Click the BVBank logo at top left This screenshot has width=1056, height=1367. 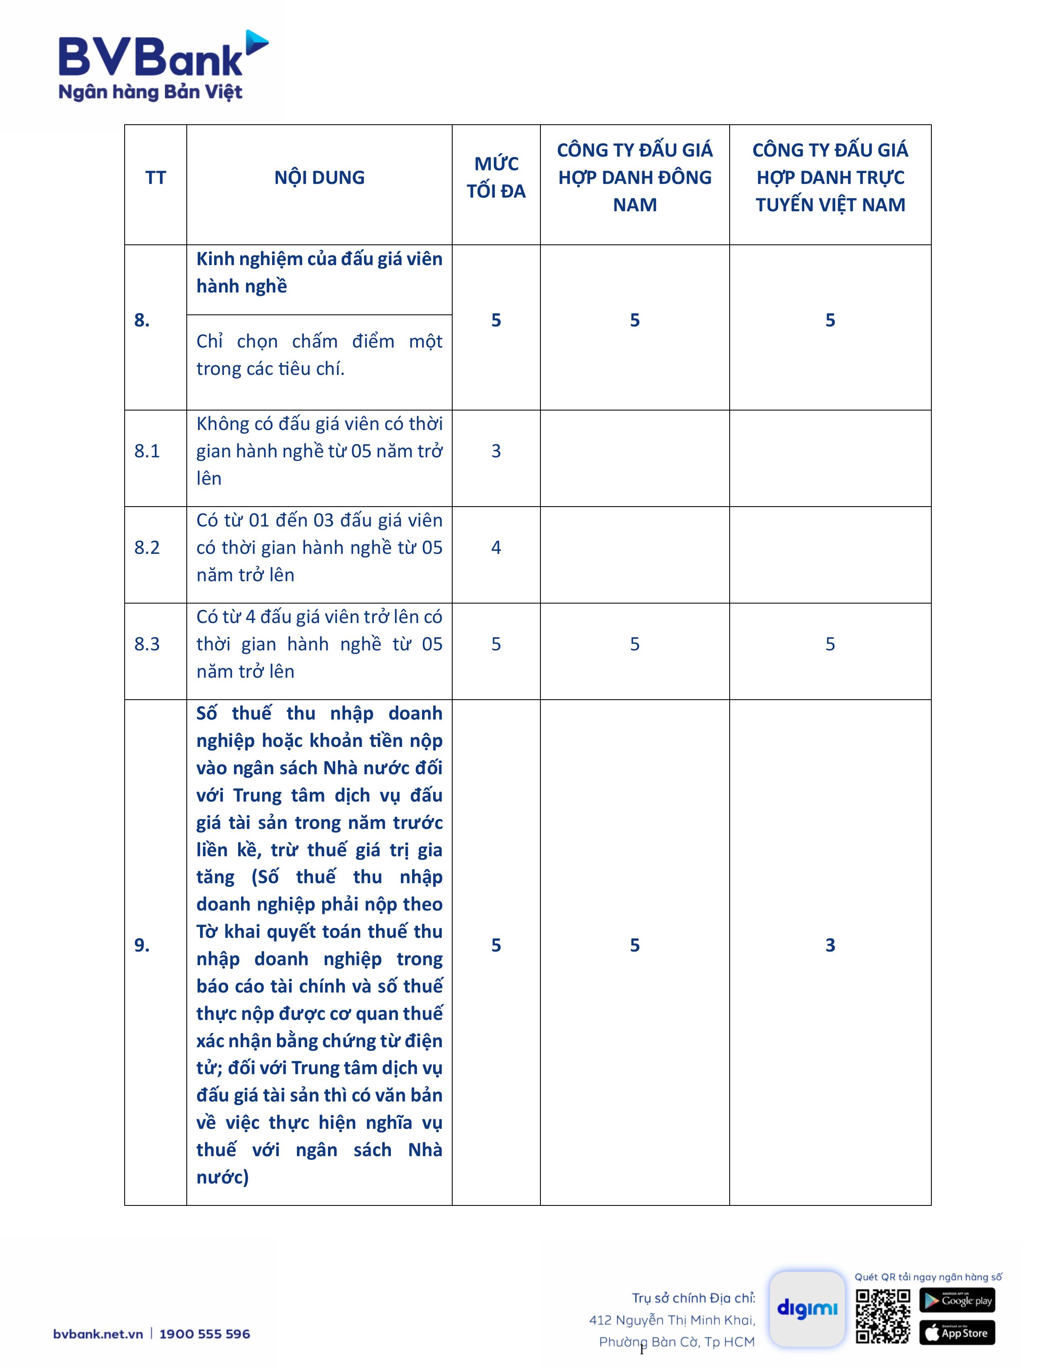tap(163, 66)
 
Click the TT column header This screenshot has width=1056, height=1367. tap(156, 178)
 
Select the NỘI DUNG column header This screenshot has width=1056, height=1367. tap(319, 178)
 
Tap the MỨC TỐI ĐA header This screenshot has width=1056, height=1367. tap(496, 178)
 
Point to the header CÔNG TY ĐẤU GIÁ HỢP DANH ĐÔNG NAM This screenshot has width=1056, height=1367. tap(634, 178)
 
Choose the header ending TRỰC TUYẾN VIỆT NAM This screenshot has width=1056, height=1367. tap(830, 178)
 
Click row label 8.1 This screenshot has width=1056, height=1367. tap(147, 451)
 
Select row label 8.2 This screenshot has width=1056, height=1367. tap(147, 548)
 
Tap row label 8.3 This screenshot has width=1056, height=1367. tap(147, 644)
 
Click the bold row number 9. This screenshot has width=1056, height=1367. tap(142, 945)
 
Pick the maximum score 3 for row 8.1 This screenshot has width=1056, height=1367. tap(496, 451)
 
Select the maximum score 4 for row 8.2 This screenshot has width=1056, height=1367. tap(496, 548)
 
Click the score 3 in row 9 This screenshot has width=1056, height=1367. tap(830, 945)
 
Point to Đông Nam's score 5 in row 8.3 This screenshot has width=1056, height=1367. tap(634, 644)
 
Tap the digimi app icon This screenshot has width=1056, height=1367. tap(807, 1308)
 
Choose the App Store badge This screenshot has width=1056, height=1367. tap(957, 1333)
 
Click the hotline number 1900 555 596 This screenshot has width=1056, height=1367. tap(205, 1334)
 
